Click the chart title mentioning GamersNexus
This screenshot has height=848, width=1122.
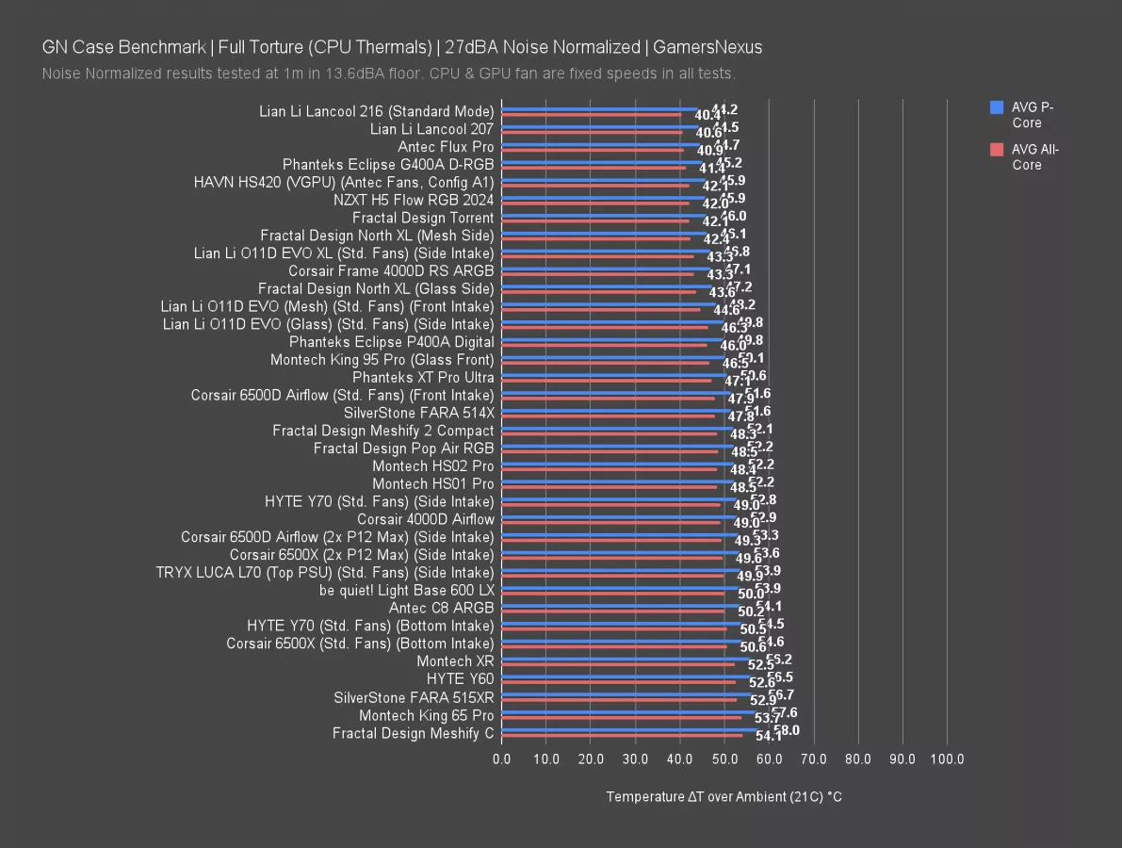(x=402, y=47)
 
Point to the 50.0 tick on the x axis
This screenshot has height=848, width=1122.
(x=724, y=759)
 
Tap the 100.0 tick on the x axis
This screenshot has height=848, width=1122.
(x=947, y=759)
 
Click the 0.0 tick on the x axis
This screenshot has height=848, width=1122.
(x=502, y=759)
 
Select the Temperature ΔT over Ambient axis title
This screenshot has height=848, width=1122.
(x=724, y=797)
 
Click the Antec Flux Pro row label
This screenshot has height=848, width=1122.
(x=446, y=147)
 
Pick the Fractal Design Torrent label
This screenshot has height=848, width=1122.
(x=423, y=218)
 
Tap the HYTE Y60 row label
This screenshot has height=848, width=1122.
(x=460, y=678)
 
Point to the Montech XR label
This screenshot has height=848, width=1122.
(x=455, y=660)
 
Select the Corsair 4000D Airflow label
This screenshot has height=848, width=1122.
(x=425, y=519)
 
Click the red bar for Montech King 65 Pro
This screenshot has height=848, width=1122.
(x=621, y=717)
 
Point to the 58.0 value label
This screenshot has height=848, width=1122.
(x=787, y=730)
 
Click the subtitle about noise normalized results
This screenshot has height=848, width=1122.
(x=389, y=73)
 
